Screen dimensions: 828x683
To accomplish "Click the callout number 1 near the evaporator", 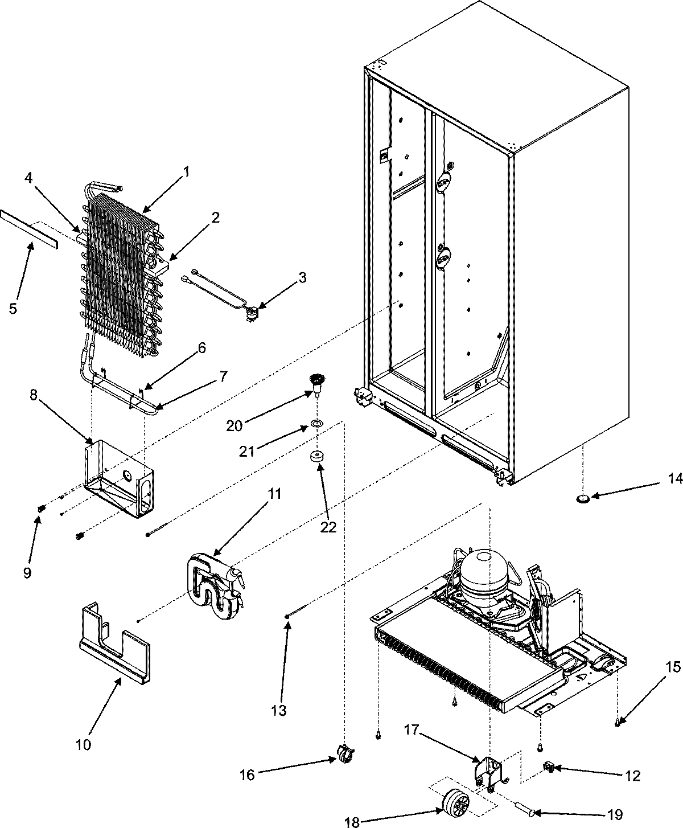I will [186, 170].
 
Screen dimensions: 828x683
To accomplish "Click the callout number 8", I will [34, 396].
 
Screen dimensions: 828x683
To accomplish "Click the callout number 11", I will [275, 494].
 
